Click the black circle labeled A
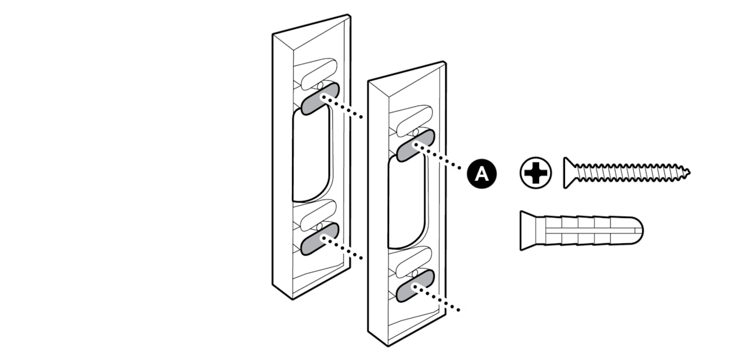click(482, 174)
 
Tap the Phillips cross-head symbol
click(535, 173)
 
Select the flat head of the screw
click(569, 173)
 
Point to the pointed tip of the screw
click(690, 172)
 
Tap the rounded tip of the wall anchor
click(637, 230)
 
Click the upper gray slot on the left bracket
click(320, 99)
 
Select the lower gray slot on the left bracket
click(320, 238)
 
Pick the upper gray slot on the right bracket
click(415, 146)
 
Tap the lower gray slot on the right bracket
click(415, 285)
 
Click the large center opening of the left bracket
click(311, 156)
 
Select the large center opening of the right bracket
click(406, 203)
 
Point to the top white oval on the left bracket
click(319, 73)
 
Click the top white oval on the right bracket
click(414, 120)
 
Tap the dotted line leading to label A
click(438, 157)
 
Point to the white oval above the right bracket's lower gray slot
click(414, 261)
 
